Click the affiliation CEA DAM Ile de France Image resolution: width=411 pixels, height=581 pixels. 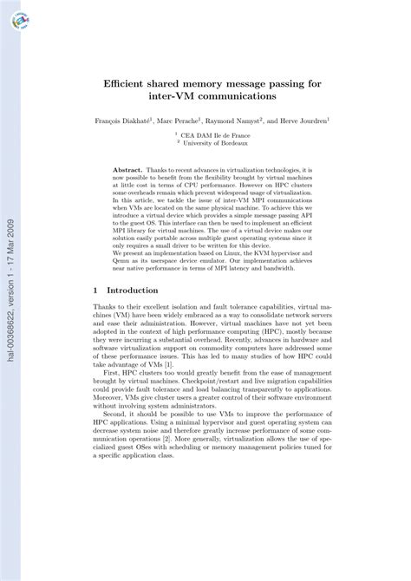[213, 134]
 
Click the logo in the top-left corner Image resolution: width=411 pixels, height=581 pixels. [19, 21]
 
